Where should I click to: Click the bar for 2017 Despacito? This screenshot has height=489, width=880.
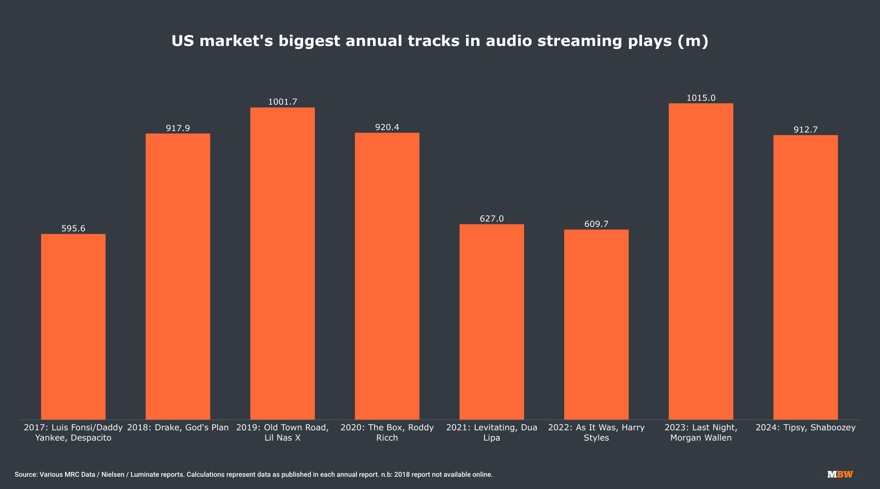click(73, 327)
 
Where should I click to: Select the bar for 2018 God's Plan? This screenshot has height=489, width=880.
click(178, 276)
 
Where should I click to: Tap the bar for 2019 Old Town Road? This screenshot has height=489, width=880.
click(283, 263)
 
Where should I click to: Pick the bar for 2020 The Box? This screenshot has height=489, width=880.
click(387, 276)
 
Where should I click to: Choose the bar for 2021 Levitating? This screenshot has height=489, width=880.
click(492, 322)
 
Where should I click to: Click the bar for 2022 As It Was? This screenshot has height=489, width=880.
click(596, 324)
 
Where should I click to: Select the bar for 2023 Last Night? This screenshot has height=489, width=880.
click(701, 261)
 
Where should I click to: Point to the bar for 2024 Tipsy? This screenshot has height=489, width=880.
click(806, 277)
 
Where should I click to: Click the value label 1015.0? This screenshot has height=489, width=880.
click(701, 98)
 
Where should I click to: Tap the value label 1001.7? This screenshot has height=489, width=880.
click(283, 102)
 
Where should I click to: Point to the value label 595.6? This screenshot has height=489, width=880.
click(73, 228)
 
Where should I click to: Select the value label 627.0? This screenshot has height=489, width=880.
click(492, 219)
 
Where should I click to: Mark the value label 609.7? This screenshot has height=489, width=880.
click(596, 224)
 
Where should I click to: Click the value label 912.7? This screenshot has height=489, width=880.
click(806, 130)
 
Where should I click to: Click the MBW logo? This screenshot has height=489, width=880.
click(840, 474)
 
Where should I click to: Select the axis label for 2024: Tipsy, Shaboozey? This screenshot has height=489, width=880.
click(806, 428)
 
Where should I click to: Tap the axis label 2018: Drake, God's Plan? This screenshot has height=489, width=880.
click(178, 428)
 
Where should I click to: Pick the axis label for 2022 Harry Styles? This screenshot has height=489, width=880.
click(596, 433)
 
